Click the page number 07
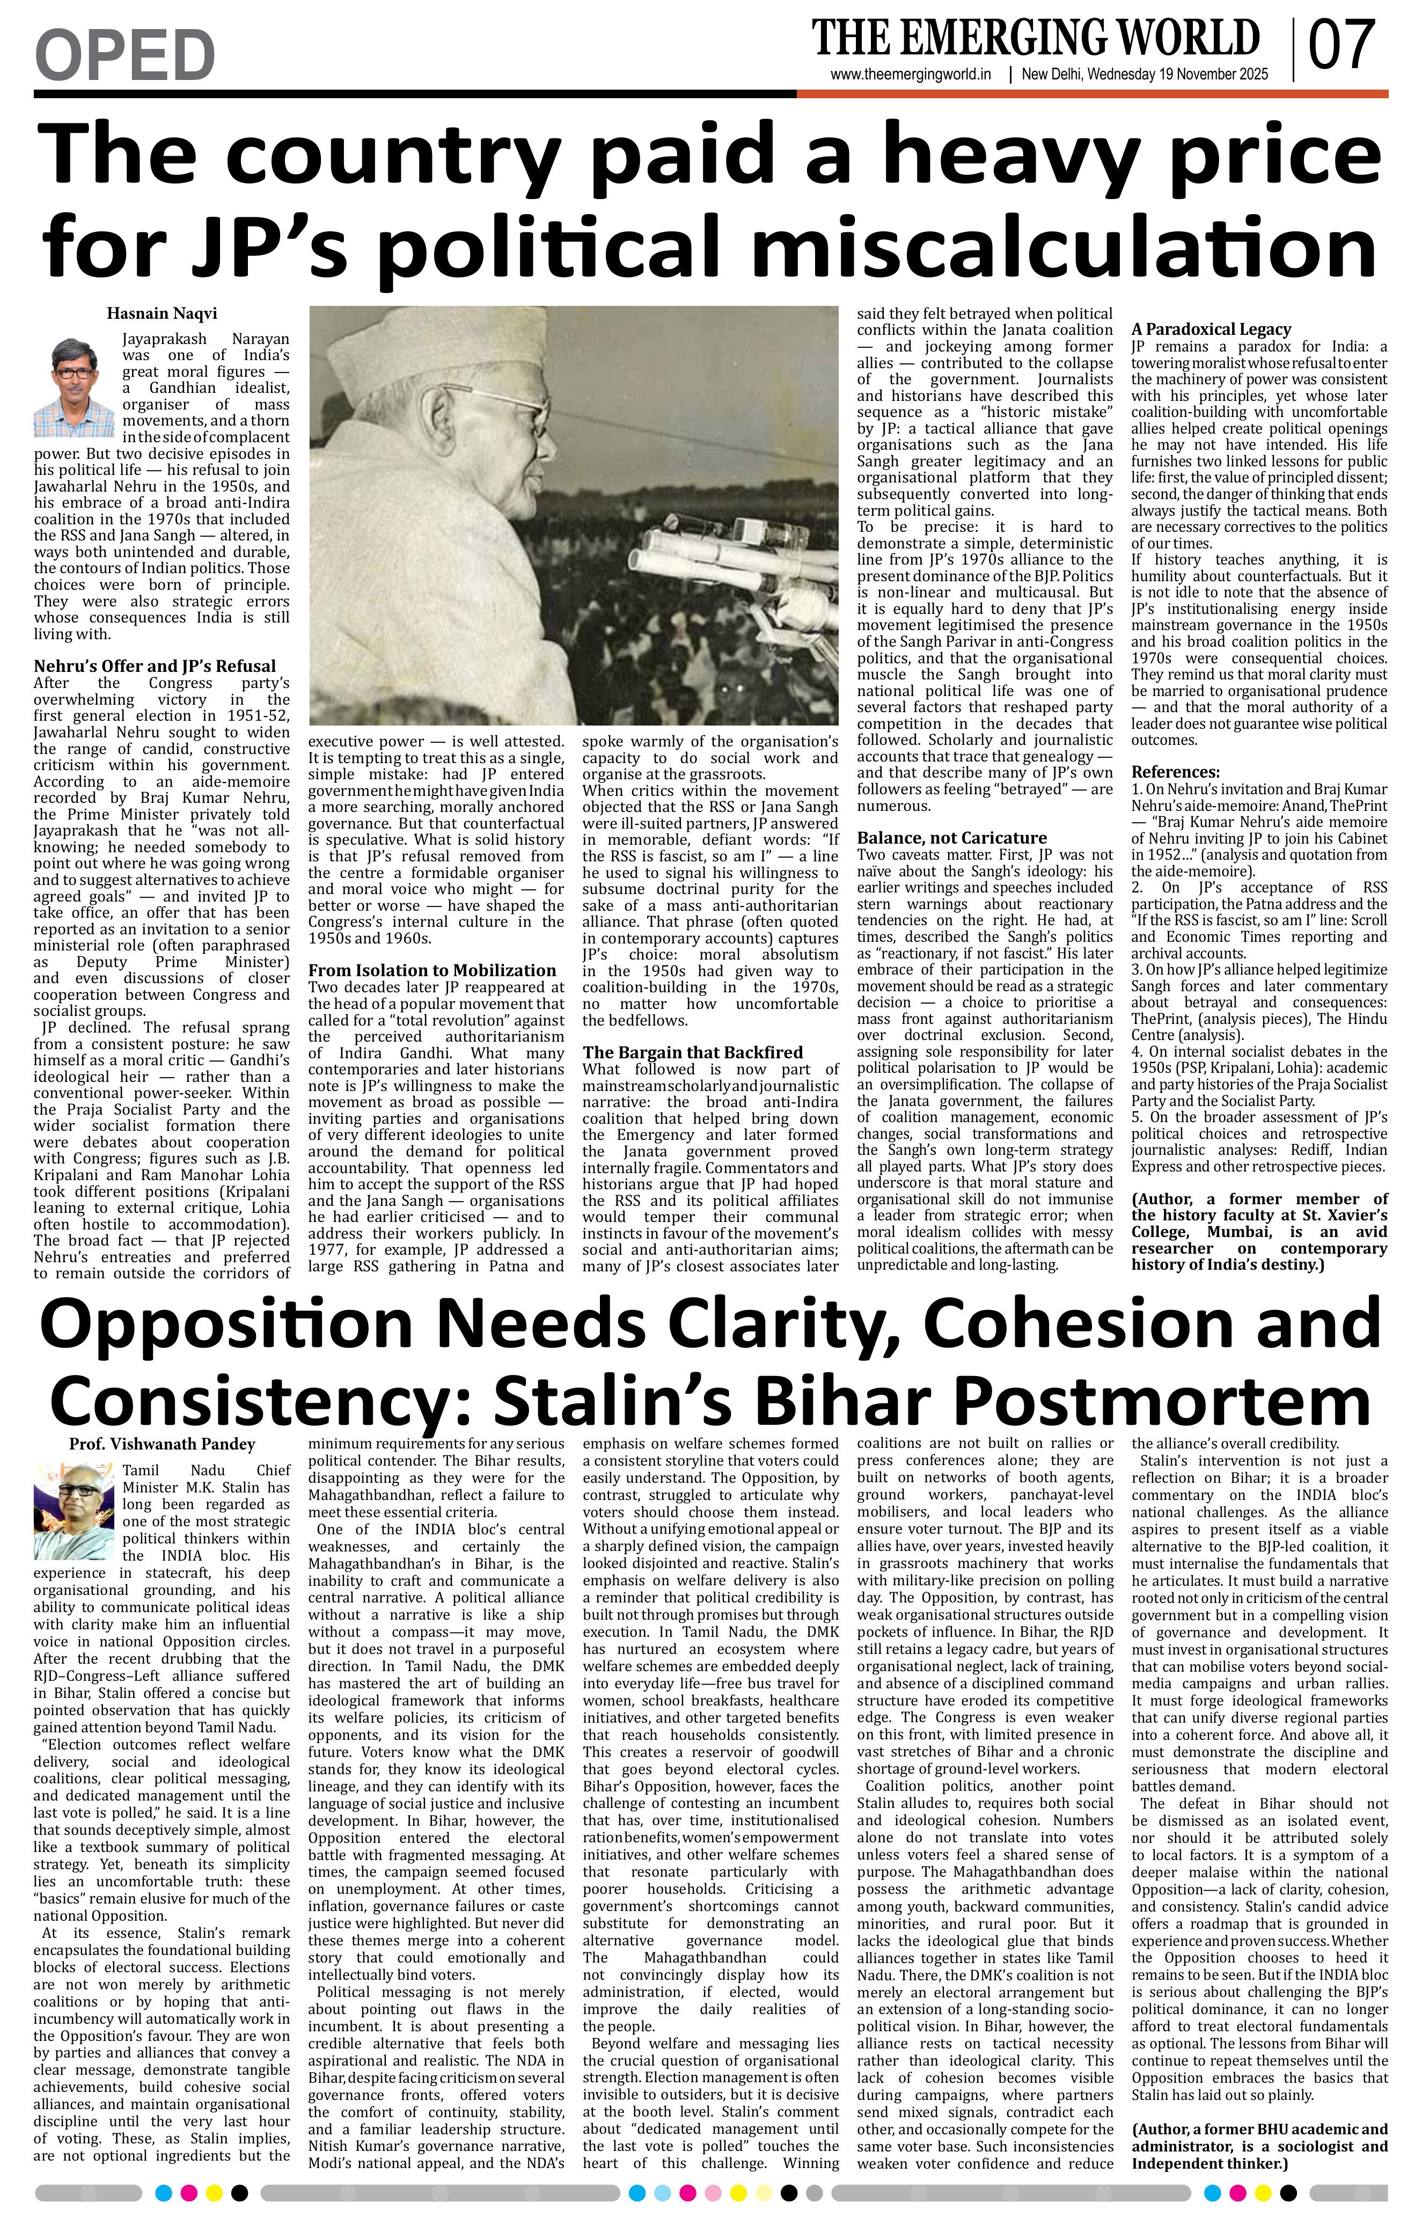(1341, 46)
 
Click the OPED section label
(124, 55)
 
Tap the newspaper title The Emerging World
(1035, 38)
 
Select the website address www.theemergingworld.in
(911, 75)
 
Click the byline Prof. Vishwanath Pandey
(162, 1445)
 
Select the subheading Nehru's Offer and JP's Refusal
(155, 666)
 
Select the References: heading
(1175, 772)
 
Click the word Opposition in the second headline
(225, 1323)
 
